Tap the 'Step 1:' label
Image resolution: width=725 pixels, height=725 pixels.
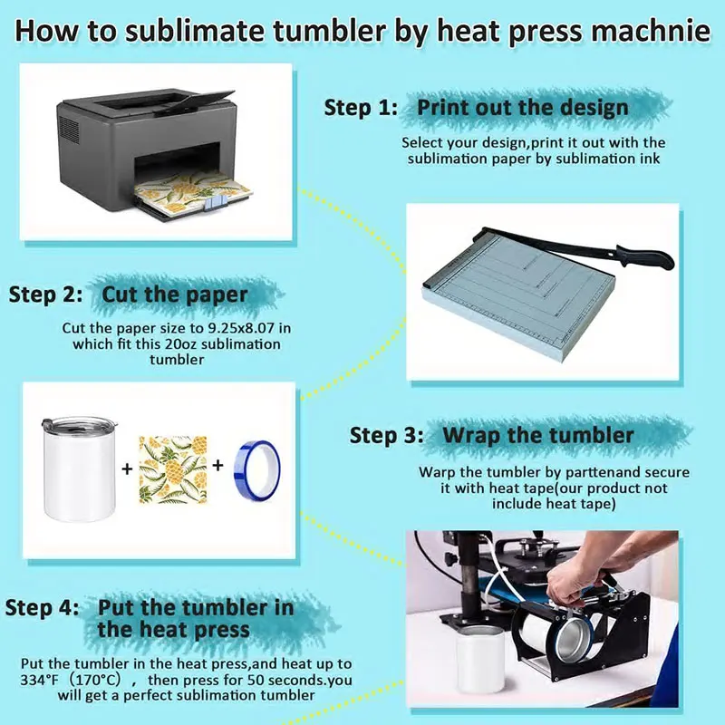(x=361, y=108)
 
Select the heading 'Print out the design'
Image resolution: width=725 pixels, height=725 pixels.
(x=523, y=107)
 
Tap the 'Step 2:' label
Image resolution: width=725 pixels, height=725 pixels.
(x=46, y=295)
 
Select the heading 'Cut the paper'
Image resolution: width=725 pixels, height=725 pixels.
(x=175, y=295)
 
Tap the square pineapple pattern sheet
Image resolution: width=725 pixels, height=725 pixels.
(x=173, y=469)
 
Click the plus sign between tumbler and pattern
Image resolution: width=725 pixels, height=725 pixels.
(x=127, y=469)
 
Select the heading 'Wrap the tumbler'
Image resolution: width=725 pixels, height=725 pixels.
(x=538, y=435)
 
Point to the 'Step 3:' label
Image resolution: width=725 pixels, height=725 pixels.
(x=386, y=435)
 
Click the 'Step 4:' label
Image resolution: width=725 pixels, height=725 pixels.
(x=42, y=607)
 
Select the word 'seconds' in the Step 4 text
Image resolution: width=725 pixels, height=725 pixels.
(x=295, y=680)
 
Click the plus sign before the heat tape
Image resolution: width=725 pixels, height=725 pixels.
(x=217, y=465)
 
